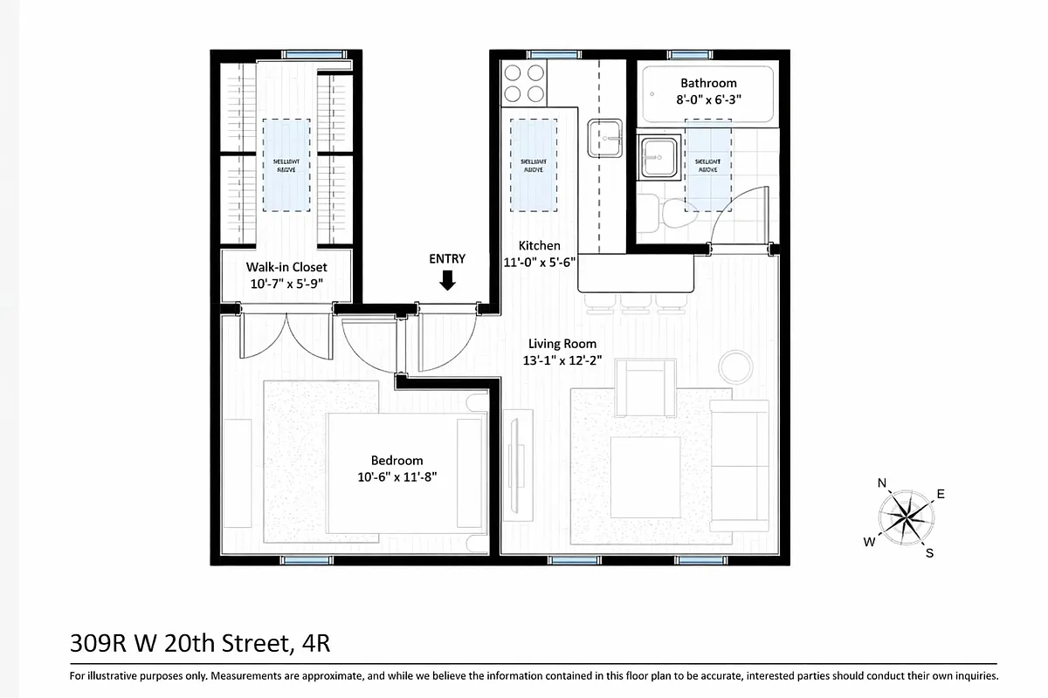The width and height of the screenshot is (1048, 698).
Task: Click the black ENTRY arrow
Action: (447, 280)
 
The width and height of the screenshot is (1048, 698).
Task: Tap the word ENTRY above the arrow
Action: (447, 259)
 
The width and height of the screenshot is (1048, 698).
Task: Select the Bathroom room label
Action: (708, 84)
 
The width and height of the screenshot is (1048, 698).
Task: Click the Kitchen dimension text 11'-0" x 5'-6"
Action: (539, 262)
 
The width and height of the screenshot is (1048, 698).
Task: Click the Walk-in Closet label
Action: (286, 267)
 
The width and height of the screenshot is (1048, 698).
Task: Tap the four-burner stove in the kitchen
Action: (524, 84)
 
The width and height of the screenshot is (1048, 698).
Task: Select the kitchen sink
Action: (604, 137)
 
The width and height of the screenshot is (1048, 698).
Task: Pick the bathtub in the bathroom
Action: (708, 94)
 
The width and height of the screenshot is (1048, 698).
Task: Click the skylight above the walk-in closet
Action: (286, 165)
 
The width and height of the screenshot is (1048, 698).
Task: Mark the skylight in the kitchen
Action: (533, 165)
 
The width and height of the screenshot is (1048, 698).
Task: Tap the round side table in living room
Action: (735, 366)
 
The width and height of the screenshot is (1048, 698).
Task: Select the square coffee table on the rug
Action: (645, 476)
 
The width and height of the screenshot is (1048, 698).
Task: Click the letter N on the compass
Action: (882, 483)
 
